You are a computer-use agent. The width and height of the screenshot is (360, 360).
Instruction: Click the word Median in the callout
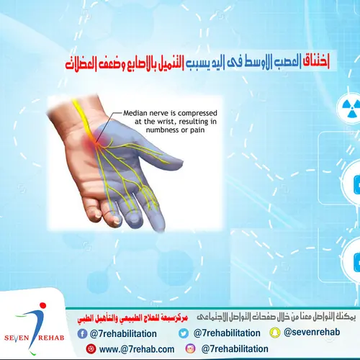point(137,113)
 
